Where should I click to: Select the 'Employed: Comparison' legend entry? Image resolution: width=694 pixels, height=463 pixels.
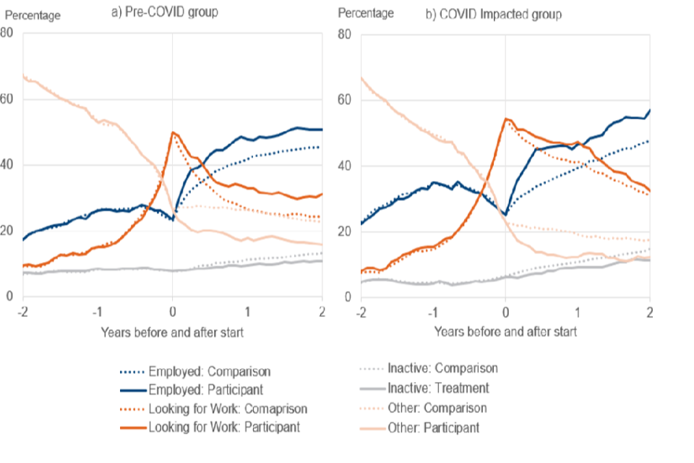pos(210,372)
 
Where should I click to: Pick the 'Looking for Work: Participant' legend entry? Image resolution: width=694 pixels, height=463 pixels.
pos(223,428)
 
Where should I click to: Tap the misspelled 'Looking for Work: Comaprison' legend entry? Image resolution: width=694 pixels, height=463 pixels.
pos(228,409)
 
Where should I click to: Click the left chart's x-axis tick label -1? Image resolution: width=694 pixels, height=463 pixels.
pos(98,312)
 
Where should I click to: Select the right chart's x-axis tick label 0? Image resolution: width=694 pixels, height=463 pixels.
pos(505,312)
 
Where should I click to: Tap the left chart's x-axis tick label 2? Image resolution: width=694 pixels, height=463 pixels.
pos(322,312)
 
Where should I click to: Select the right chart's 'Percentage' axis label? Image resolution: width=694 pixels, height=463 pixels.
pos(366,14)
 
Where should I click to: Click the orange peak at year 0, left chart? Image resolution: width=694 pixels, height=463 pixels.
pos(172,132)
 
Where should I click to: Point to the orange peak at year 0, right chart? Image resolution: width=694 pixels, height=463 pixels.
pos(506,119)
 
